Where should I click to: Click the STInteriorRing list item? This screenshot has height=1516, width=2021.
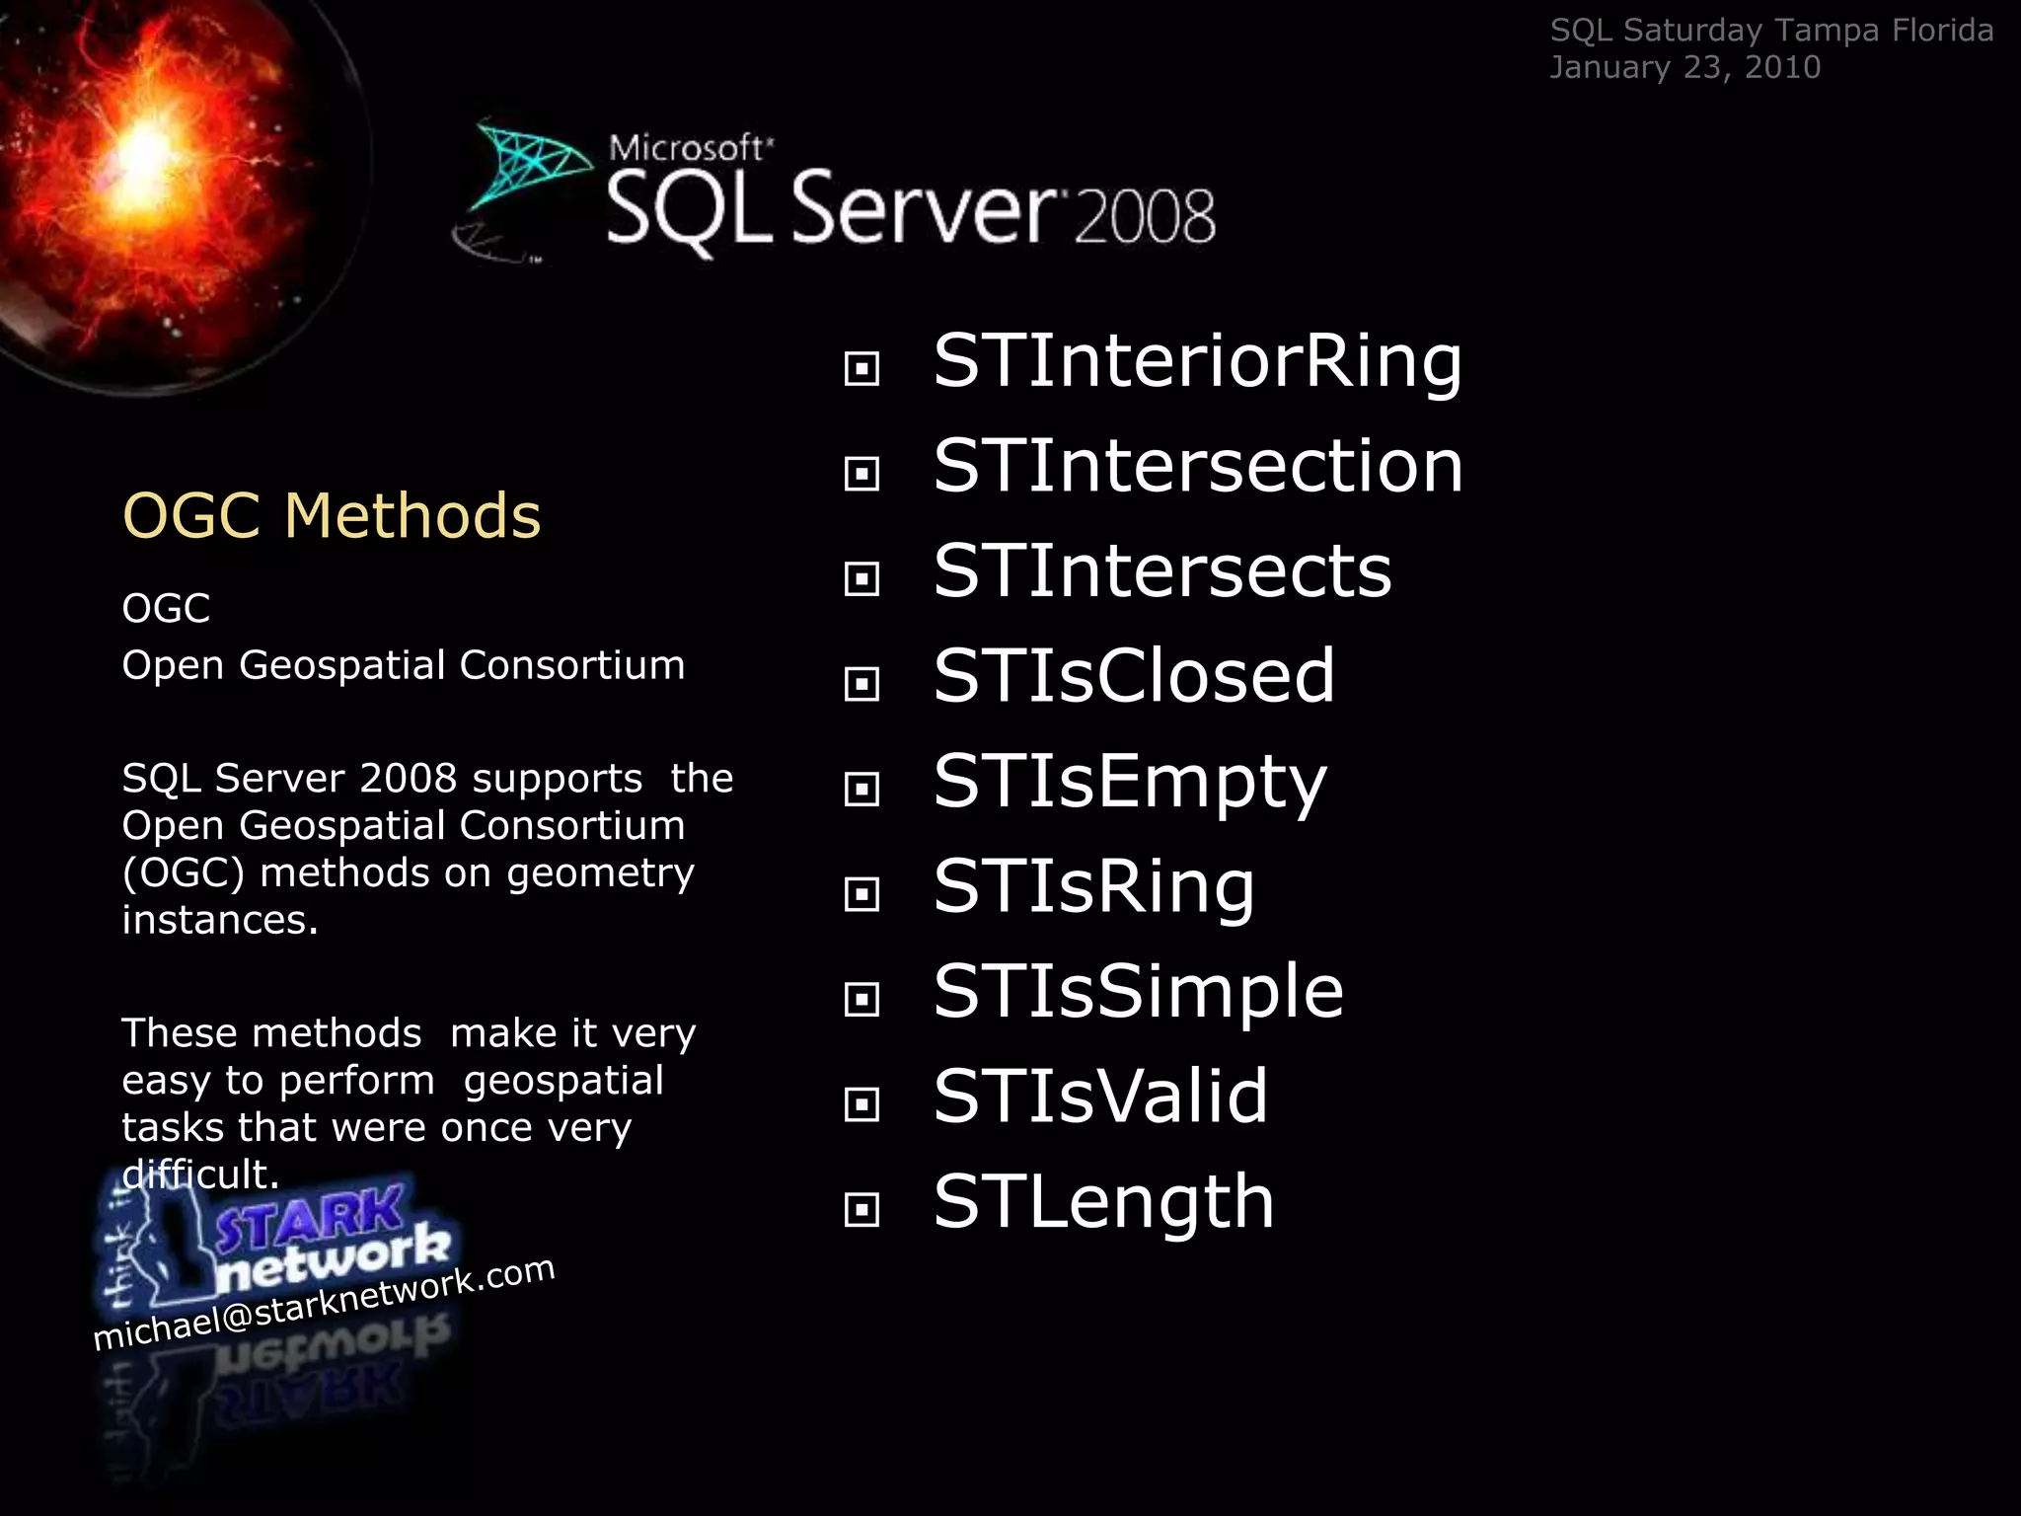[x=1197, y=361]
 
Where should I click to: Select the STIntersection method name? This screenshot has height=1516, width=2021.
[x=1198, y=466]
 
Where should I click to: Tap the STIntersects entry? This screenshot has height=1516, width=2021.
[x=1161, y=571]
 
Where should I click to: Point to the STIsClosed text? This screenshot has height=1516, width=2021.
[x=1134, y=676]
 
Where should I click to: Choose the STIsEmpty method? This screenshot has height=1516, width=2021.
[x=1130, y=782]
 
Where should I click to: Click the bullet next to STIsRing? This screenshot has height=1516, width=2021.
[x=861, y=894]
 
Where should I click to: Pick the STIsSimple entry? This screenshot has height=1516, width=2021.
[x=1138, y=991]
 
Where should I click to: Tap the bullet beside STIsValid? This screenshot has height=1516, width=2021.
[x=861, y=1104]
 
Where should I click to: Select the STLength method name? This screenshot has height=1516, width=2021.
[x=1103, y=1202]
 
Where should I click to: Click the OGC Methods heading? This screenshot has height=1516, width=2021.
[x=332, y=515]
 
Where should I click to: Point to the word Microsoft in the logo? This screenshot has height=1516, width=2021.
[x=687, y=148]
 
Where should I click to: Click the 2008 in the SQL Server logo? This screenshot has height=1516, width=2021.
[x=1144, y=217]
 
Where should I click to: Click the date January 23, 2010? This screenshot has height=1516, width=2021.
[x=1684, y=67]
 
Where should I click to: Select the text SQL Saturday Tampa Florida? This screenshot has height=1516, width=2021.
[x=1771, y=31]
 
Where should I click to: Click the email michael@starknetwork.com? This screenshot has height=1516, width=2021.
[x=324, y=1304]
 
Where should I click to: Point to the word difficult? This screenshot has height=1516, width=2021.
[x=200, y=1175]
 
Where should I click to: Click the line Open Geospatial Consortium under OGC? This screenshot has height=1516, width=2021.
[x=403, y=665]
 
